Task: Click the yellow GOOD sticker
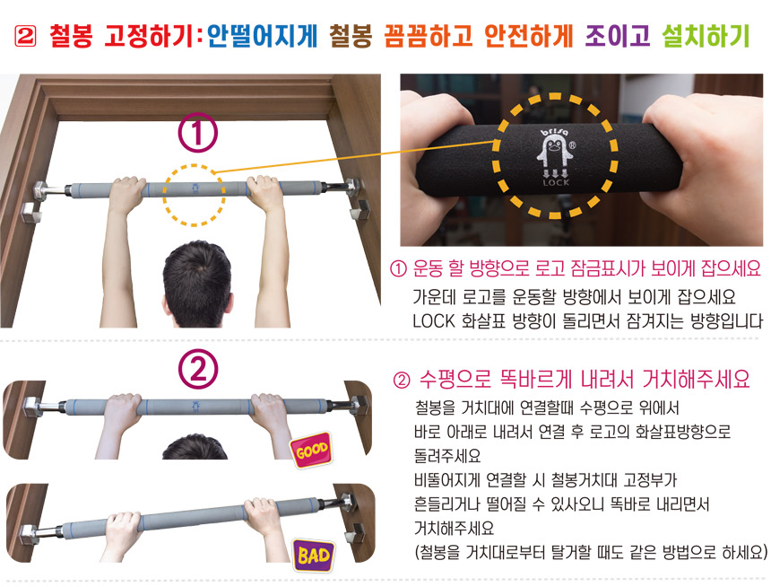tap(311, 450)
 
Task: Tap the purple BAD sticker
tap(314, 556)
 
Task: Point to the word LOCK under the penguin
tap(556, 183)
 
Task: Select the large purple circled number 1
tap(197, 133)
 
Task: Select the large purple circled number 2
tap(197, 369)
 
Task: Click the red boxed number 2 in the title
tap(26, 36)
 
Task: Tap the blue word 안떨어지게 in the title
tap(263, 36)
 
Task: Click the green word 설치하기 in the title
tap(706, 36)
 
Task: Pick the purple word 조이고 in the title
tap(618, 36)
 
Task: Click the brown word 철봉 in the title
tap(351, 36)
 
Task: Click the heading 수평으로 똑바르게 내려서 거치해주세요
tap(585, 379)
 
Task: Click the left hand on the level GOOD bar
tap(121, 410)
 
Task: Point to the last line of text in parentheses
tap(591, 552)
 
